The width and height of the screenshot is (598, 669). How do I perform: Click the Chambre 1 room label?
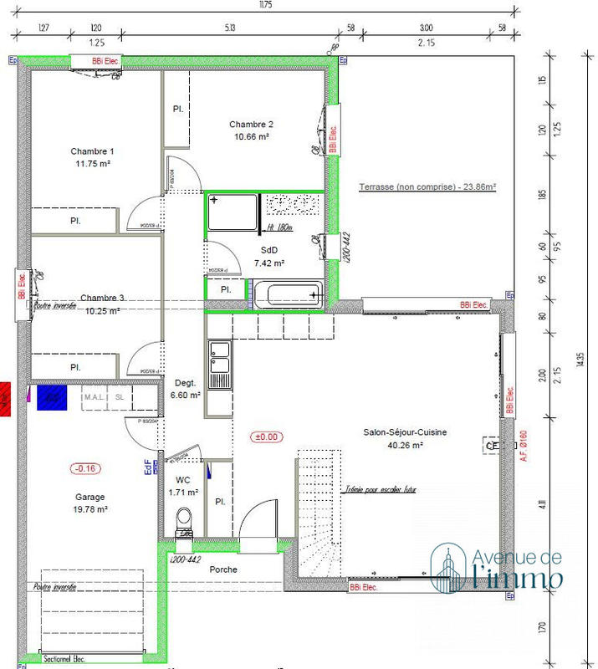[x=92, y=151]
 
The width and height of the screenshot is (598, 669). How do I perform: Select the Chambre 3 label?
[x=103, y=298]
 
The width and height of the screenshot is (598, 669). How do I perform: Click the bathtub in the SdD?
[x=286, y=294]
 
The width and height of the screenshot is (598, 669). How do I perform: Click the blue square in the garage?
[x=52, y=397]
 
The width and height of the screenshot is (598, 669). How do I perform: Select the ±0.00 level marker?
[x=269, y=437]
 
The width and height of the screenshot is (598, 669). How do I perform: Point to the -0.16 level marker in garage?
[x=85, y=468]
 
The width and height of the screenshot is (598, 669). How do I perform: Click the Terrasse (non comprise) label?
[x=427, y=187]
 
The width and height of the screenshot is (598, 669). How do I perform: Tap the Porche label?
[x=223, y=569]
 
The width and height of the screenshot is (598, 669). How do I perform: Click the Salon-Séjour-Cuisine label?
[x=404, y=432]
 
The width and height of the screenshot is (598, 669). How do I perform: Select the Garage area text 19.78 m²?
[x=89, y=508]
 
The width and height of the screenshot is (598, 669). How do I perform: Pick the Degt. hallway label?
[x=185, y=382]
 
